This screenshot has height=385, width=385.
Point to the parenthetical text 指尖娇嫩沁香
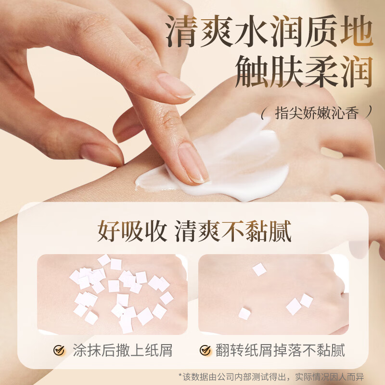(316, 114)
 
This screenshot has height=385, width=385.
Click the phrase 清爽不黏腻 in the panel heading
(233, 232)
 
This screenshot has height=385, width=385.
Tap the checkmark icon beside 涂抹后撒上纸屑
(59, 350)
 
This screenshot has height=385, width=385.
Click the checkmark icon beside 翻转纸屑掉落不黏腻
(205, 350)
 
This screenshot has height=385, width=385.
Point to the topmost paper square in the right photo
(259, 269)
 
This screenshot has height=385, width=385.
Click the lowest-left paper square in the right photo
(244, 314)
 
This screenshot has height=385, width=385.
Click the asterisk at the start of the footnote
(180, 375)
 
